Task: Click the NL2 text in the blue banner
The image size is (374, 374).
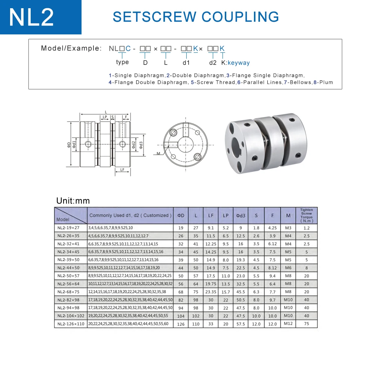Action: click(31, 17)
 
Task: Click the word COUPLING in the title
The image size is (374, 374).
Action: click(240, 17)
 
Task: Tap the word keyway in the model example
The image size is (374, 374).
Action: click(239, 63)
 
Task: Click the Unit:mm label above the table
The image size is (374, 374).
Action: click(73, 201)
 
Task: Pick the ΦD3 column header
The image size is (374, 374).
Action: click(240, 216)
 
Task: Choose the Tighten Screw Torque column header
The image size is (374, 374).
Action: click(307, 215)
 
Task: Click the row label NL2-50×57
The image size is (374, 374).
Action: click(68, 276)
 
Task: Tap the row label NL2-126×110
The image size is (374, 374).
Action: click(71, 324)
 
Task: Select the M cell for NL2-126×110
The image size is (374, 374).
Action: click(288, 324)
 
